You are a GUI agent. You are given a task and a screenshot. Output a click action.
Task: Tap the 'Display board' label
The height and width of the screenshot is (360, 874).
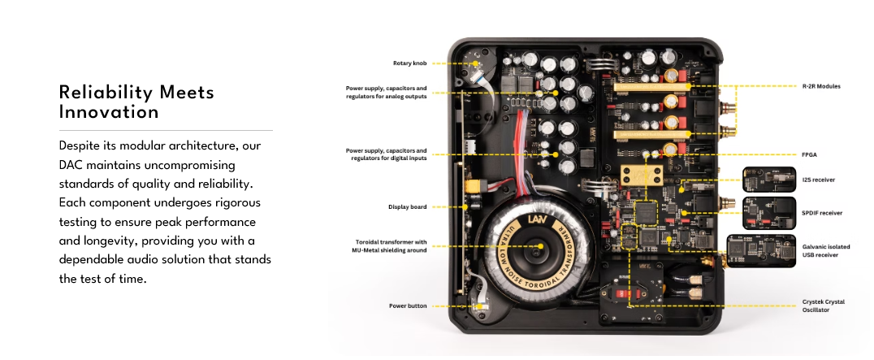[407, 206]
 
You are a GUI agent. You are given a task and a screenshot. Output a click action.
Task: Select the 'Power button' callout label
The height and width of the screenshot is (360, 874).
[407, 306]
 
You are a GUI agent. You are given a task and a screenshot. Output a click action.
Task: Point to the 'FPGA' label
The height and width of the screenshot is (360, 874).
[809, 154]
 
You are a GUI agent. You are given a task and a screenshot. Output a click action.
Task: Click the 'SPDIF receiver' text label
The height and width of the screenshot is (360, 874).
[821, 213]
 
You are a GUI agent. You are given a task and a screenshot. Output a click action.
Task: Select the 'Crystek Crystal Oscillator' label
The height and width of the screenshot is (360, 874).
[823, 306]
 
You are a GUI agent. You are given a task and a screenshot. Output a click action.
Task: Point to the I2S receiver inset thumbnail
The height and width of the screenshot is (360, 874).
[769, 180]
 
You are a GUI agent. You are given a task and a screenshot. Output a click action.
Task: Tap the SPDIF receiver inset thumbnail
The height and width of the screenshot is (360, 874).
[769, 212]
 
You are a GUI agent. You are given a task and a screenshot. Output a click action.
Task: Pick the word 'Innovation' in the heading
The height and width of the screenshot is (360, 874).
[109, 112]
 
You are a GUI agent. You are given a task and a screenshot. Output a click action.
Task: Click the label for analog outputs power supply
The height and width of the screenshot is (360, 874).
[386, 92]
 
